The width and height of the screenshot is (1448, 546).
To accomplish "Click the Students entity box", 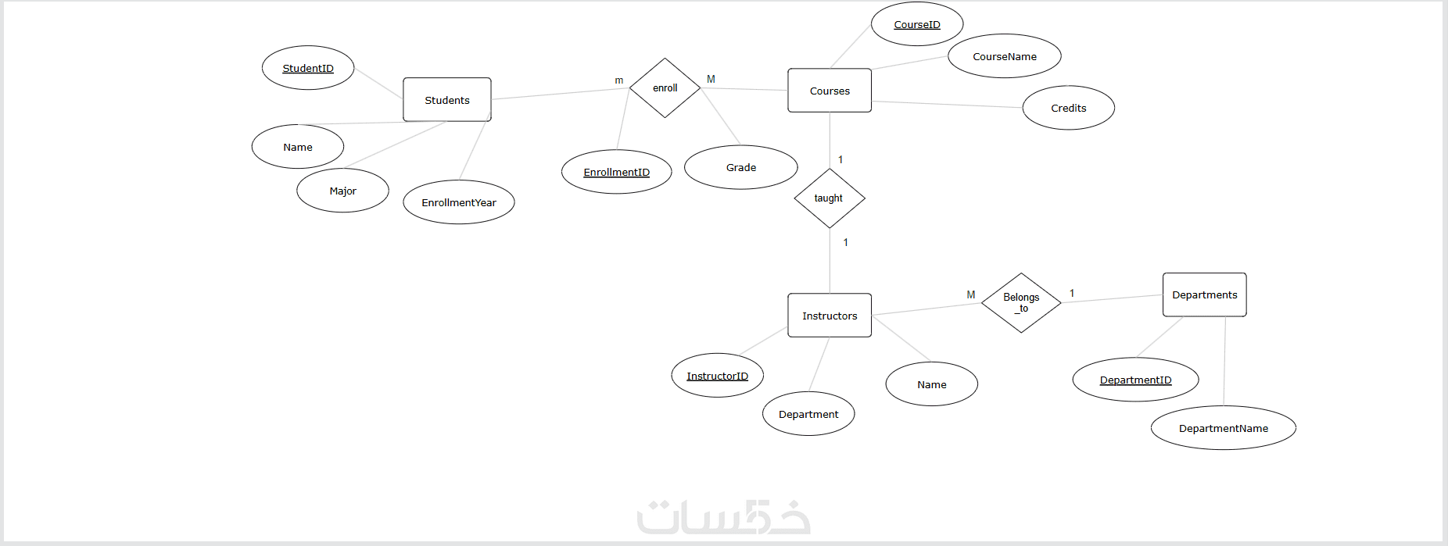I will pos(446,100).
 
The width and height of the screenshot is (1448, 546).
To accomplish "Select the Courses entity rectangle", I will pos(829,91).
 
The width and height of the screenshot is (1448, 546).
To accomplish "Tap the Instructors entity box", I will pos(829,316).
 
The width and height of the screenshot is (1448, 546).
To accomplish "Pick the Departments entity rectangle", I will pos(1204,294).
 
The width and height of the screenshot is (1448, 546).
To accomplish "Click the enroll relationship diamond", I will pos(665,88).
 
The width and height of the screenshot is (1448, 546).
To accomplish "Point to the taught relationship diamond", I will pos(829,198).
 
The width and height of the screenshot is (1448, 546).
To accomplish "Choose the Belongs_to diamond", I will pos(1021,302).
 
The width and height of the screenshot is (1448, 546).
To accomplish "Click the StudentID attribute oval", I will pos(307,68).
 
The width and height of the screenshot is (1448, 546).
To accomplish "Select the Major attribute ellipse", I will pos(342,191).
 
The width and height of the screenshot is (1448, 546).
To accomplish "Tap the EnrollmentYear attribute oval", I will pos(458,202).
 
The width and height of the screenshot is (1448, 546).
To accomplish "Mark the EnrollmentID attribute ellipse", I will pos(616,172).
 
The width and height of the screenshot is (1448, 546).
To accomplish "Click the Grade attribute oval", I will pos(740,167).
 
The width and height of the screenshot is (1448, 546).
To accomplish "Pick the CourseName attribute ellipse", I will pos(1004,56).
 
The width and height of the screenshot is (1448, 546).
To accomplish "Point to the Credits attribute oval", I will pos(1068,108).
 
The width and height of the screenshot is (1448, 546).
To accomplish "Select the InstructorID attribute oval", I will pos(717,376).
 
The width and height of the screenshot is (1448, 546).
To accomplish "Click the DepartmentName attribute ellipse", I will pos(1223,428).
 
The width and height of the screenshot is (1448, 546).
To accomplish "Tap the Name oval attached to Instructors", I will pos(931,384).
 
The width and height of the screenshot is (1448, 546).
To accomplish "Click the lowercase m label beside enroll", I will pos(619,80).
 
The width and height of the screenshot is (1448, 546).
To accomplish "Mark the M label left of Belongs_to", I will pos(971,294).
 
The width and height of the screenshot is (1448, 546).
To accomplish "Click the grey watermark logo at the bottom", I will pos(723,518).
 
